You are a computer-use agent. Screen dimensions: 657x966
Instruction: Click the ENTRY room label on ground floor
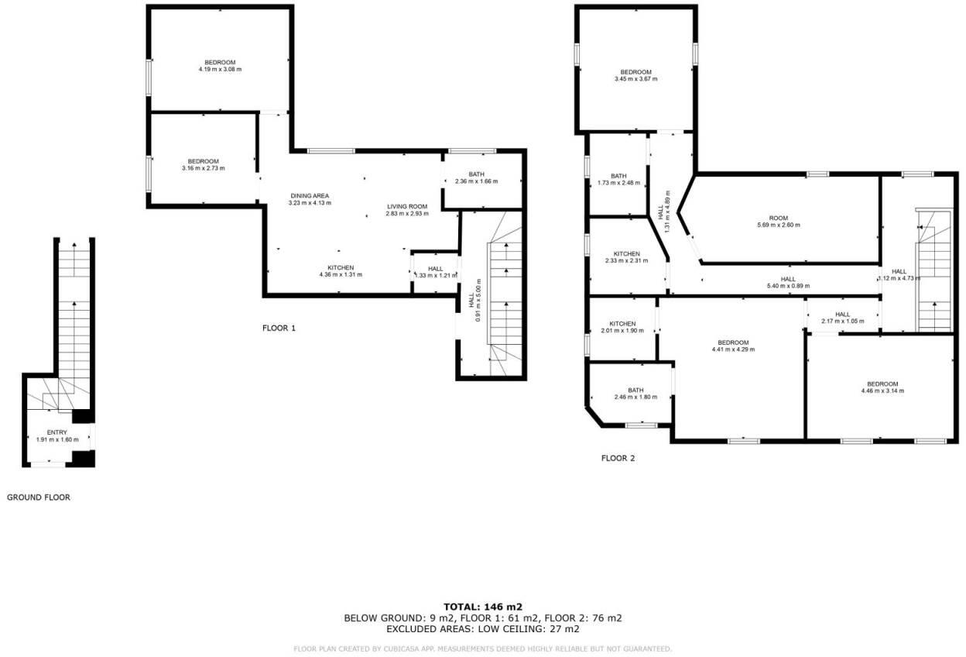click(57, 432)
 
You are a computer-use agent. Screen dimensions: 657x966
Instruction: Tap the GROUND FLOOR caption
click(39, 497)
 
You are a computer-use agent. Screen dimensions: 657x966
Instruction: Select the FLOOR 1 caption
click(279, 328)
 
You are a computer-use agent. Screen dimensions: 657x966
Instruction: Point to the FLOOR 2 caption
click(618, 458)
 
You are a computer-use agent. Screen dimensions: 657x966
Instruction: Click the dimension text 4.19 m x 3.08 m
click(220, 70)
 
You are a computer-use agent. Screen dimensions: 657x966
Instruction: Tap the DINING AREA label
click(310, 196)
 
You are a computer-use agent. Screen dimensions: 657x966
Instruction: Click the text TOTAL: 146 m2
click(482, 607)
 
